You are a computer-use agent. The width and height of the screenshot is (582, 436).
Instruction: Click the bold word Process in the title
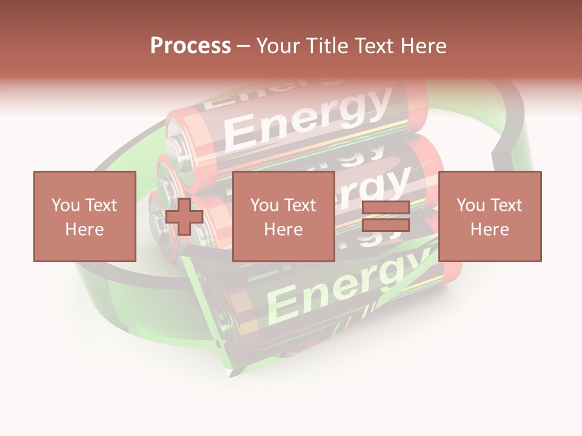[x=190, y=46]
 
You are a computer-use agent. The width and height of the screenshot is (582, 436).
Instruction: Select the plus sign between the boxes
[x=184, y=217]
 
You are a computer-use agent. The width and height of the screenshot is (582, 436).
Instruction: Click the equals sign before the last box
[x=386, y=216]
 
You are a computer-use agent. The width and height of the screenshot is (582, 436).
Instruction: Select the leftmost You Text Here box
[x=84, y=216]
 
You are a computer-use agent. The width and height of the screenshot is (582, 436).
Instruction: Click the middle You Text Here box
[x=283, y=216]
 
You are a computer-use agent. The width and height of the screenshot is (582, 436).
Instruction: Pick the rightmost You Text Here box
[x=489, y=216]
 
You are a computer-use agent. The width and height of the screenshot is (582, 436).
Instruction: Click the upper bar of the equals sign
[x=386, y=207]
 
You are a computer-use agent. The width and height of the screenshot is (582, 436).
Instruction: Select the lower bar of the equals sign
[x=386, y=225]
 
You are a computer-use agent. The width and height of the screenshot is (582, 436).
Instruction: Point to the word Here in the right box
[x=489, y=229]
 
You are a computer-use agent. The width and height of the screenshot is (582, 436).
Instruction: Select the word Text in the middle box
[x=299, y=205]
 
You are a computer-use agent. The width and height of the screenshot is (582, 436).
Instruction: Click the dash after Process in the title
[x=244, y=46]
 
